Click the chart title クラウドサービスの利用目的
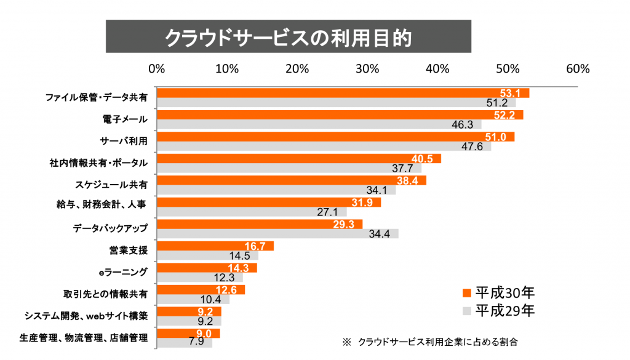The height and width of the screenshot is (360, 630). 288,37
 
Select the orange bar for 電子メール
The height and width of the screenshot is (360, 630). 340,115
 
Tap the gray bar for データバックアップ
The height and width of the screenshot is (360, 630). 277,233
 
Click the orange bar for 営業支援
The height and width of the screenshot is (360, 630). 215,246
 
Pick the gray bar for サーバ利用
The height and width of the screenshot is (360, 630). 324,146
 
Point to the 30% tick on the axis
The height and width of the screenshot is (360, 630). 367,68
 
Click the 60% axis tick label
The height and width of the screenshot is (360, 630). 578,68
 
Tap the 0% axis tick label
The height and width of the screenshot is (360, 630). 157,68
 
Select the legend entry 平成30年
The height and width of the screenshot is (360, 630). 498,292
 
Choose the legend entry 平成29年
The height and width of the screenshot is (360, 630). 498,310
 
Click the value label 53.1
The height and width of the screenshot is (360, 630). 510,94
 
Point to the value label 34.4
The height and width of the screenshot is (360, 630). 379,234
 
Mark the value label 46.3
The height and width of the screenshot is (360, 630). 461,125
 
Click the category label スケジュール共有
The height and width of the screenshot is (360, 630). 111,183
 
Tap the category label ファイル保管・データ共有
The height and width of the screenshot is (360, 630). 97,97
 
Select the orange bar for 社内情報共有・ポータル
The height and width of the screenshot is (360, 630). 299,159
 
